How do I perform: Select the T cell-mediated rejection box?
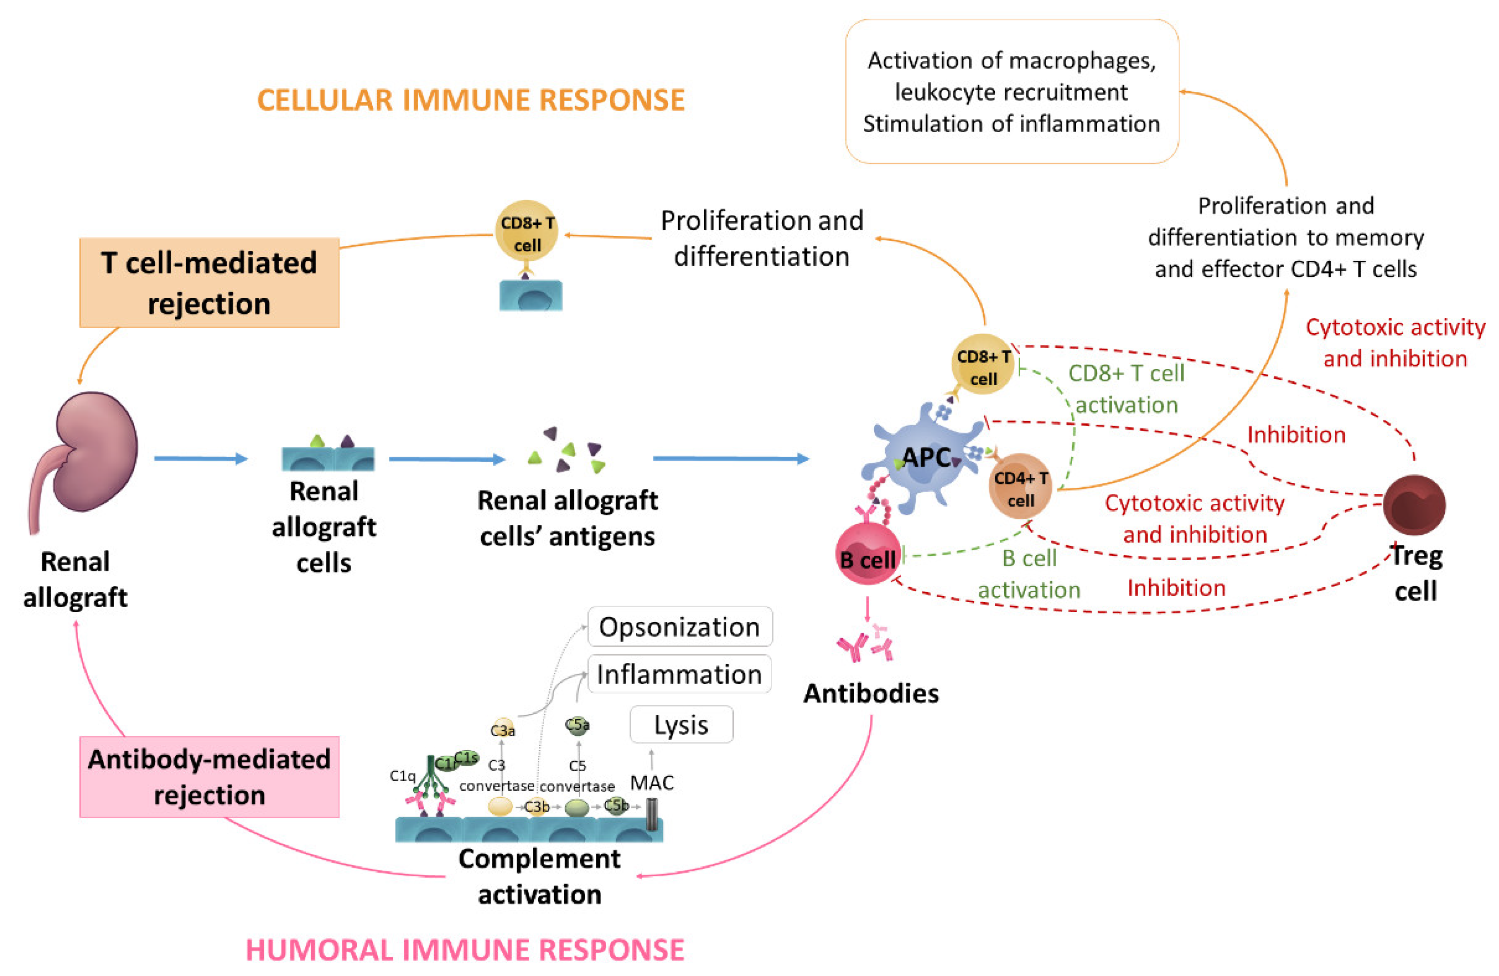[209, 282]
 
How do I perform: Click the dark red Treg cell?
[1414, 505]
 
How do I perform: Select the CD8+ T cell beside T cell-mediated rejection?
[527, 231]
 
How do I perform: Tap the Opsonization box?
[679, 627]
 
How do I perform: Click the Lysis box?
[681, 725]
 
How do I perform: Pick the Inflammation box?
[679, 674]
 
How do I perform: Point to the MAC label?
[652, 783]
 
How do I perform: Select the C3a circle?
[502, 729]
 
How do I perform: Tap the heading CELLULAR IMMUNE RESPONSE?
[471, 100]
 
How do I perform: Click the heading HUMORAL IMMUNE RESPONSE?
[465, 950]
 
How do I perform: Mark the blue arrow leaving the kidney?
[200, 459]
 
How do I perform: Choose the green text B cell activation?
[1029, 574]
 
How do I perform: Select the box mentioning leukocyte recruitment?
[1012, 92]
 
